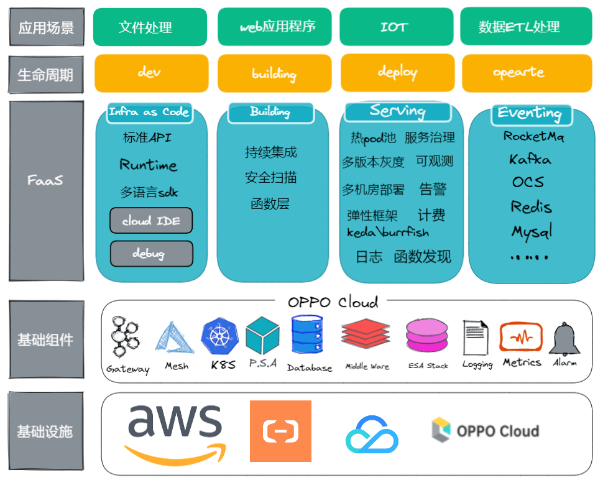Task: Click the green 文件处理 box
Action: [150, 27]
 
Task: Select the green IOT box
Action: [395, 27]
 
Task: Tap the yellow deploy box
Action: [397, 73]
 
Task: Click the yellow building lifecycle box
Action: [274, 73]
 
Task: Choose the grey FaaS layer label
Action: [46, 181]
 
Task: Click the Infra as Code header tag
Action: [149, 113]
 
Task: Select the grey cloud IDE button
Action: [151, 221]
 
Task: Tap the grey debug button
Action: [151, 253]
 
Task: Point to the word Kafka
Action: [530, 159]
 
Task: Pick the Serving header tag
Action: [397, 111]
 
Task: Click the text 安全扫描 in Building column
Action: [270, 178]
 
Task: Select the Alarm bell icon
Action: [564, 339]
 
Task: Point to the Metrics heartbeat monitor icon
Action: [521, 338]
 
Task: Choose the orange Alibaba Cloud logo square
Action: [280, 431]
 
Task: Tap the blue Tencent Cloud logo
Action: [372, 433]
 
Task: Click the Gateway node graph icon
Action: [127, 339]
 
